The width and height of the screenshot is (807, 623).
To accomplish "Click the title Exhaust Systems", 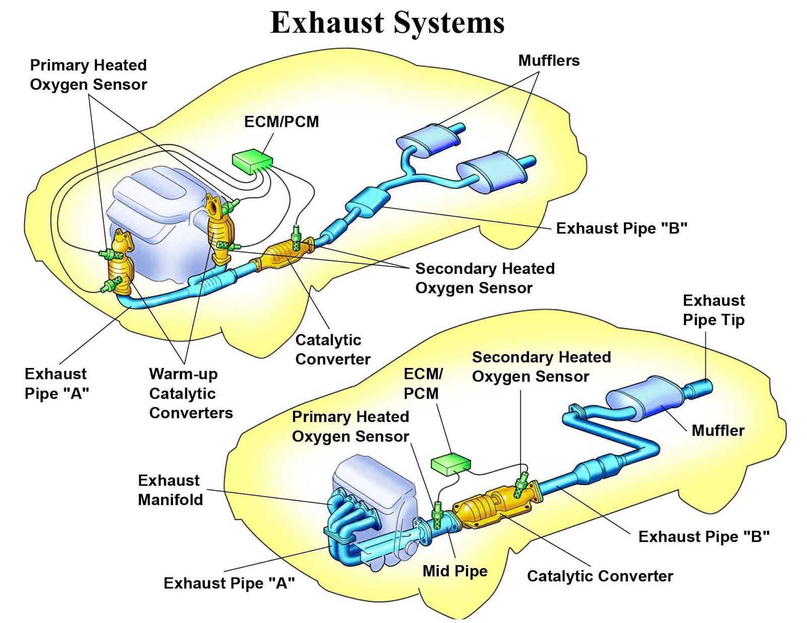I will [x=387, y=23].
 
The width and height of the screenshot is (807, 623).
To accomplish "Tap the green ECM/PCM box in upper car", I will [x=252, y=161].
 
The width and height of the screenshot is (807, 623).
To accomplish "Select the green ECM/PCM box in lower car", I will [x=450, y=464].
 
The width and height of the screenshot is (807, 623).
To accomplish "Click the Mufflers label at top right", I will [x=549, y=60].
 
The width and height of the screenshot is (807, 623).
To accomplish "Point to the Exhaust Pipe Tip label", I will [x=713, y=310].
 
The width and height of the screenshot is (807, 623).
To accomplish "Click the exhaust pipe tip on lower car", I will [x=702, y=389].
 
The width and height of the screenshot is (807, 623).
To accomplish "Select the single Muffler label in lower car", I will [x=718, y=430].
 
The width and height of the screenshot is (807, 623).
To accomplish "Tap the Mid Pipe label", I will [x=454, y=571].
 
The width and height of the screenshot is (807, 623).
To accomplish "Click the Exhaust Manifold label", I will [x=170, y=490].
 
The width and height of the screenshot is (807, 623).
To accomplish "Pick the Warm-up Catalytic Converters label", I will [x=190, y=393].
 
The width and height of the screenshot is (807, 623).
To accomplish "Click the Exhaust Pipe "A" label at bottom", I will [x=229, y=583].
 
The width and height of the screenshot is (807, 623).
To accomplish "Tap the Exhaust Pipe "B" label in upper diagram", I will [x=621, y=228].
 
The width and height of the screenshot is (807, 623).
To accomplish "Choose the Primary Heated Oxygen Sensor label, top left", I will [x=88, y=75].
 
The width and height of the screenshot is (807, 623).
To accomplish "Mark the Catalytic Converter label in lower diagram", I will [x=600, y=576].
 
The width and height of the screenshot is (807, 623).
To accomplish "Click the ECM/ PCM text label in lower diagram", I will [x=422, y=384].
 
